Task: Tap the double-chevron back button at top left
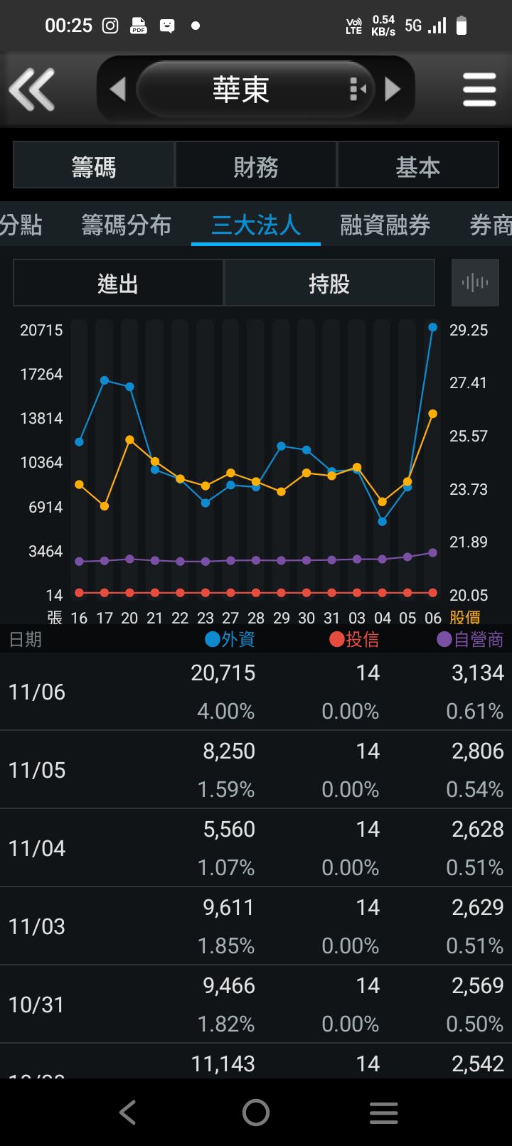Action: pos(32,90)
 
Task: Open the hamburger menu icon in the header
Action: pos(479,90)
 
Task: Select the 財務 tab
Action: pos(256,167)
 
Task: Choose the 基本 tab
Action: pos(417,167)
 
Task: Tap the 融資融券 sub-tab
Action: pos(385,225)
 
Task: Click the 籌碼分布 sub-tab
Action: pos(126,225)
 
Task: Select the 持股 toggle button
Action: pos(329,284)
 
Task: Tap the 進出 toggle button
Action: pos(118,284)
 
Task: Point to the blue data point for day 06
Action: pos(433,327)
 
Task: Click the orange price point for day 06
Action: pos(433,414)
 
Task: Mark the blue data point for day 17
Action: pos(105,380)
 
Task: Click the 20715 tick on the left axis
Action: pos(41,330)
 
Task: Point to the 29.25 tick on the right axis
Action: pos(469,330)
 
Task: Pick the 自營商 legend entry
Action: pos(470,639)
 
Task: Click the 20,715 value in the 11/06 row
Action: pos(223,673)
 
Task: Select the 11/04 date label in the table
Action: pos(37,848)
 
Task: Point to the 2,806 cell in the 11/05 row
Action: pos(477,751)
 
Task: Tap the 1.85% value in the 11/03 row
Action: pos(225,946)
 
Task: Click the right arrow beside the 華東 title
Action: pos(393,90)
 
